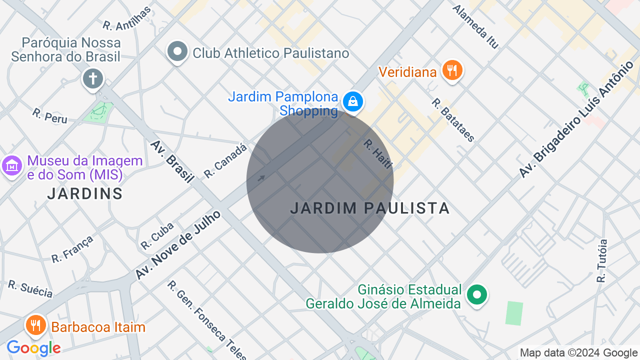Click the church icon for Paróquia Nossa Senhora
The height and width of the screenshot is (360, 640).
click(92, 78)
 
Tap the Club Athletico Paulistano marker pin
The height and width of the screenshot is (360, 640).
click(177, 51)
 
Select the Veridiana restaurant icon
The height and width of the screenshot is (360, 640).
click(452, 70)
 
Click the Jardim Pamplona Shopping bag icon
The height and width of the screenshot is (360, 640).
click(353, 101)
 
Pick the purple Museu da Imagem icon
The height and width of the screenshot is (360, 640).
click(12, 165)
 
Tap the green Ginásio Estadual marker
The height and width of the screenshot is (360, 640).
click(476, 294)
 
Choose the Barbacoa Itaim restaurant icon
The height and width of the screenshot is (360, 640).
click(35, 325)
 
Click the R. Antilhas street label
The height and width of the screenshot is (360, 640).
click(126, 18)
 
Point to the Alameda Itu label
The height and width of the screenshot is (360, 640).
click(475, 27)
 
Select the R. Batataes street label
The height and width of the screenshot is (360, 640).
click(453, 120)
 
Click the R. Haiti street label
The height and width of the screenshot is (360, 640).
click(378, 154)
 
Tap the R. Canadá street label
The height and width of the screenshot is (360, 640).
click(225, 161)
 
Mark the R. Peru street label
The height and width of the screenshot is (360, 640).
click(49, 115)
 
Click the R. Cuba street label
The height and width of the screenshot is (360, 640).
click(157, 235)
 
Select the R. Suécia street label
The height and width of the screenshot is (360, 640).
click(30, 289)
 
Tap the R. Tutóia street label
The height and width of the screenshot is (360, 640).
click(602, 261)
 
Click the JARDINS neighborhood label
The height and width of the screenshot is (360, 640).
click(85, 193)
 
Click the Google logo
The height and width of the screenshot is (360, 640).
click(33, 348)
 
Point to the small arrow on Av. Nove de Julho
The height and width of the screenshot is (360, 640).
click(261, 177)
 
